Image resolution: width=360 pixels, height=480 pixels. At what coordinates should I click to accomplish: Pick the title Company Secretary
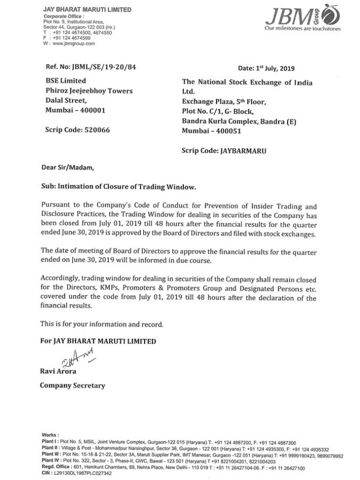click(71, 385)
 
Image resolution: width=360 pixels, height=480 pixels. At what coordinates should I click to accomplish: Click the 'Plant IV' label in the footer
click(50, 460)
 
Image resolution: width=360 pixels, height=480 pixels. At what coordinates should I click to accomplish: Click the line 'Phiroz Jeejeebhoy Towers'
click(81, 91)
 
